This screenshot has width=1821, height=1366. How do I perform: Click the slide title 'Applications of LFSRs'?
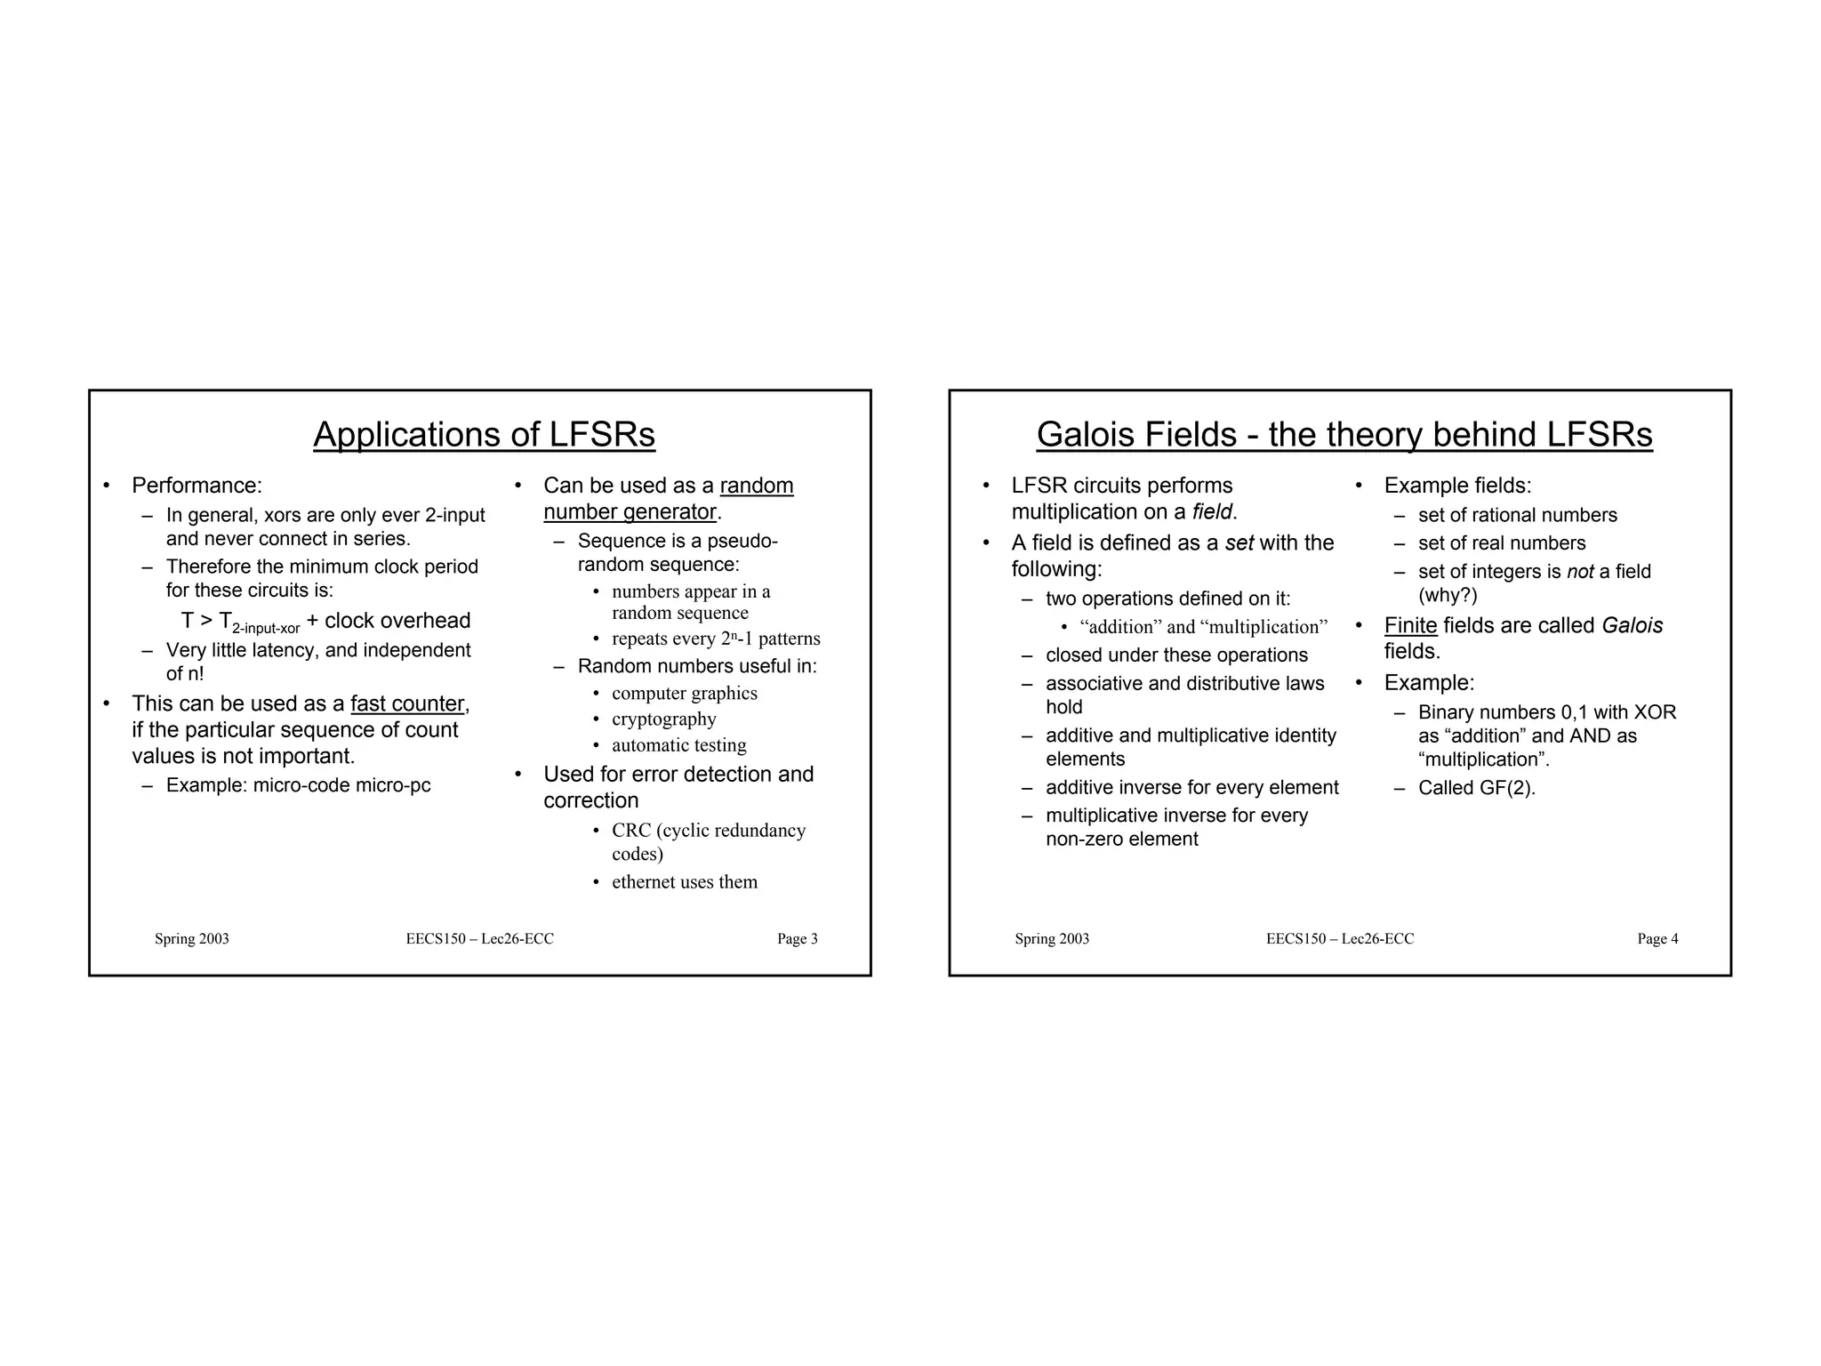click(484, 435)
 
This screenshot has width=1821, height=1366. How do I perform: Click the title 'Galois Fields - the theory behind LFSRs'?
click(1344, 435)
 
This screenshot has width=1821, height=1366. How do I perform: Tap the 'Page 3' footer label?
click(797, 939)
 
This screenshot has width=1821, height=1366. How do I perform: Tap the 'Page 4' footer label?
click(1657, 939)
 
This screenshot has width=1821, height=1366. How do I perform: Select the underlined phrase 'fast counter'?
click(407, 704)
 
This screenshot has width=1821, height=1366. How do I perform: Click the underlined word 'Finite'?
click(1410, 626)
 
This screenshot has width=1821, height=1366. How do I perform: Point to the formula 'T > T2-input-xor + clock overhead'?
click(325, 622)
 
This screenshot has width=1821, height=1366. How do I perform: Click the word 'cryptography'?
click(663, 719)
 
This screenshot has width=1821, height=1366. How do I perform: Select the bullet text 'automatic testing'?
click(678, 745)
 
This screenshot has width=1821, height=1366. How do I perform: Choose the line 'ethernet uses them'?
click(684, 882)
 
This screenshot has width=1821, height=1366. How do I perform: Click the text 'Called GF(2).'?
click(1476, 788)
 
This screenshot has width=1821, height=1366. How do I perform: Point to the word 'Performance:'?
click(197, 486)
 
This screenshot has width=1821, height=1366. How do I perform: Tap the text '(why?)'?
click(1447, 596)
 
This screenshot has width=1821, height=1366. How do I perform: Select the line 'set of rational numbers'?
click(1517, 516)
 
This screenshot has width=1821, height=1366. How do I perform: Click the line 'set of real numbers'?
click(1501, 543)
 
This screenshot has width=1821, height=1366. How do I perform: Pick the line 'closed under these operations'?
click(1175, 655)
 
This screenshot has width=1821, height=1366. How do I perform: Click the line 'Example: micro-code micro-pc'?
click(298, 786)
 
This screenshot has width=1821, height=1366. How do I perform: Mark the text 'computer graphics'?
click(684, 694)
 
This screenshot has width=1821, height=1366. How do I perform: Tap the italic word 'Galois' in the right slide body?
click(1632, 626)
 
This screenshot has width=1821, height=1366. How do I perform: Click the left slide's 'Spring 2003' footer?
click(191, 939)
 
